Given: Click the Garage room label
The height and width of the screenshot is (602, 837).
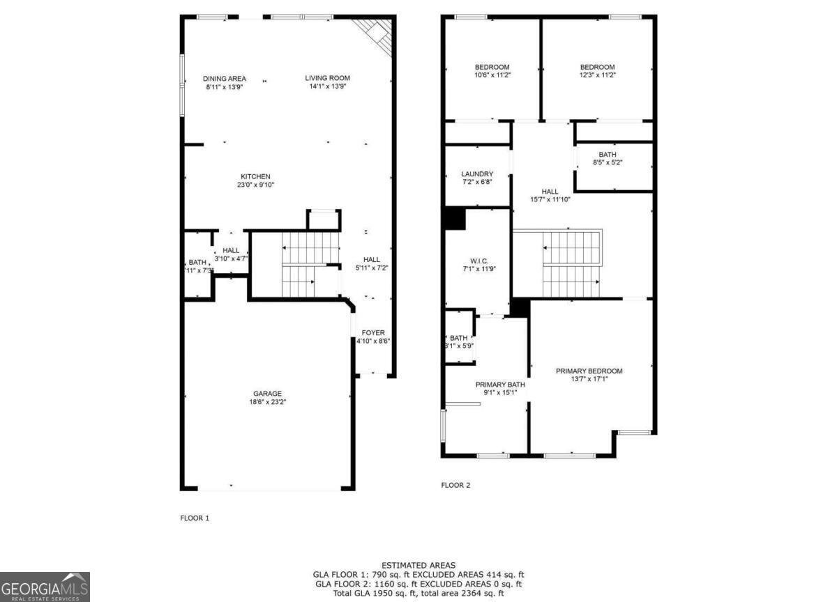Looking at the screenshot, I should (x=268, y=394).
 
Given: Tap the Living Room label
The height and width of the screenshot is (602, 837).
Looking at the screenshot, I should (x=327, y=78).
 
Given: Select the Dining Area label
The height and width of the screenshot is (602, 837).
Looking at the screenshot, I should (x=225, y=79).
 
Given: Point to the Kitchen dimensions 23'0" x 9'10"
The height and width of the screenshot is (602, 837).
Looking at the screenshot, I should (x=255, y=185).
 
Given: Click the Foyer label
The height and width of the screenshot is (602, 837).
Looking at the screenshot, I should (x=373, y=333).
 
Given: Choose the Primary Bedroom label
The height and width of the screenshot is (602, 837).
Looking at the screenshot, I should (x=589, y=371).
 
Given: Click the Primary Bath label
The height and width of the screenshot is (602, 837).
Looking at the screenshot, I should (x=500, y=385).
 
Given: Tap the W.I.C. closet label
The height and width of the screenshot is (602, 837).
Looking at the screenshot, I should (x=478, y=260).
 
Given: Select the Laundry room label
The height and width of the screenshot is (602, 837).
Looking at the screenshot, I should (x=477, y=174).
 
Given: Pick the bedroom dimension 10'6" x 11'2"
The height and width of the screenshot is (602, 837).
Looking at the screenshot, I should (x=492, y=75).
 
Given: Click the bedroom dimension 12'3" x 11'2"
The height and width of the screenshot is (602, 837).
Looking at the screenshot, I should (x=598, y=75).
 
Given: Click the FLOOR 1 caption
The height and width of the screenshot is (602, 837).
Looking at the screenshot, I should (x=195, y=518).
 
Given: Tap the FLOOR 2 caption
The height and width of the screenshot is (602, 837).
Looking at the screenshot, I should (x=455, y=485).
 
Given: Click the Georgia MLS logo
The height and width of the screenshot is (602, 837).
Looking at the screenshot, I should (x=45, y=587).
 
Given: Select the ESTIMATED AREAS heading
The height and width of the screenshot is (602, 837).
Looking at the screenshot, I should (x=418, y=565).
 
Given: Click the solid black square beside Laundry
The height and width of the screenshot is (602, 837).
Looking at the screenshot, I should (x=455, y=218).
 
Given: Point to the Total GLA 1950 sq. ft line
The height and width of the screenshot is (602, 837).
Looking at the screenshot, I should (x=418, y=593).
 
